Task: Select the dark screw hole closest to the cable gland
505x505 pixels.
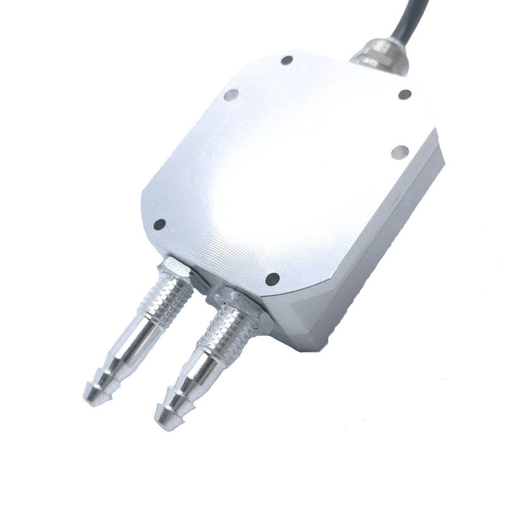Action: pos(405,95)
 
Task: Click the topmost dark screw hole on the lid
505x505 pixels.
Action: pos(287,61)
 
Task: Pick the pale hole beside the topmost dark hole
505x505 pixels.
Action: pos(230,96)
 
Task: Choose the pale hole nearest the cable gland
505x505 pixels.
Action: pos(398,151)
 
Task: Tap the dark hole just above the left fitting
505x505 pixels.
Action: pos(160,224)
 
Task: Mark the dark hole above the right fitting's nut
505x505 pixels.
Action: pos(272,278)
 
